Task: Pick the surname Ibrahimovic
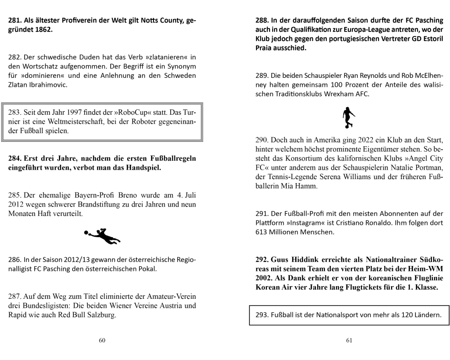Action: [46, 85]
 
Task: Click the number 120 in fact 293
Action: [397, 315]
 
